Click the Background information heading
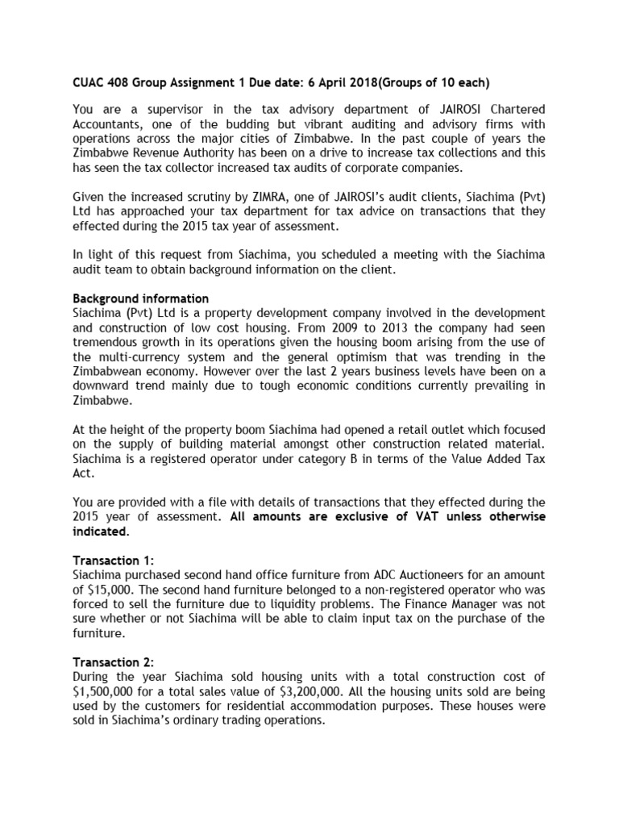pos(141,298)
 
